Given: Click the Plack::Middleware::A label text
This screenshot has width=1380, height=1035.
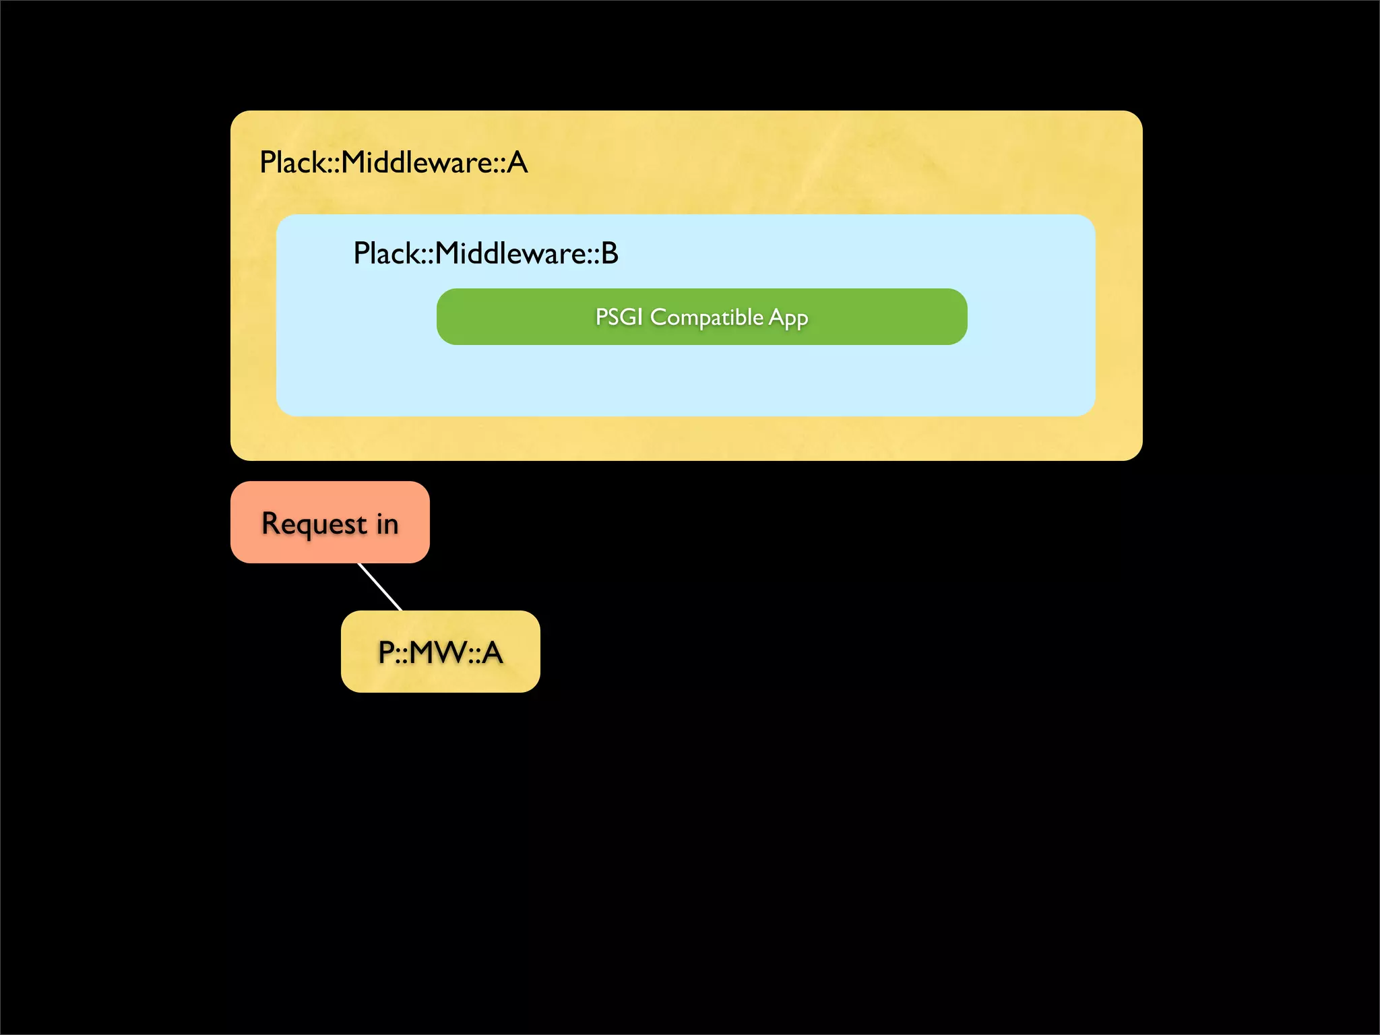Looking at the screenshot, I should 394,162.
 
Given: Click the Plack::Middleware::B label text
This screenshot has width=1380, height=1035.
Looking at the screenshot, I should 485,253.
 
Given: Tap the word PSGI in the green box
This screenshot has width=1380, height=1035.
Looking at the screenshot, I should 619,317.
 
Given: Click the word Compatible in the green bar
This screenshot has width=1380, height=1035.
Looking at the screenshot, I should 706,317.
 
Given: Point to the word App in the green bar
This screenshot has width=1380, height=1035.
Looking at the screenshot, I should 788,318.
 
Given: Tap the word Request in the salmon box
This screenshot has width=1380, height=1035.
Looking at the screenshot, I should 314,524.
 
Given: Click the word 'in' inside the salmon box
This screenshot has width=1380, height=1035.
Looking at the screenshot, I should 387,524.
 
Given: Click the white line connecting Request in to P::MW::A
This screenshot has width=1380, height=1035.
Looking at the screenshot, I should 379,587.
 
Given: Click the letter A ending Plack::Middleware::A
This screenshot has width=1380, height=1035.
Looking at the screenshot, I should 517,162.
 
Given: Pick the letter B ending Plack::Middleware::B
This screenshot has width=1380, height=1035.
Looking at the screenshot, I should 609,253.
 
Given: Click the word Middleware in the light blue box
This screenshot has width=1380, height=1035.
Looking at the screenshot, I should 511,253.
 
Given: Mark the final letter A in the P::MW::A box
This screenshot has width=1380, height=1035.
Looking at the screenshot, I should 492,652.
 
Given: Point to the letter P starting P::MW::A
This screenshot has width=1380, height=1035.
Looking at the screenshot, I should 386,652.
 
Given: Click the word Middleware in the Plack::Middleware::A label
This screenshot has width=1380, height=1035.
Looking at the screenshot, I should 418,162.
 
